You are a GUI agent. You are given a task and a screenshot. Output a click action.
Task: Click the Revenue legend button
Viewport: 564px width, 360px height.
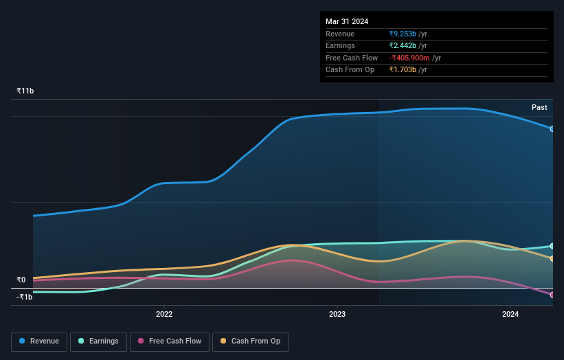point(39,341)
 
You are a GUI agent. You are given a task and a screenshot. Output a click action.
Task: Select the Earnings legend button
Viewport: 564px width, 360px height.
point(98,341)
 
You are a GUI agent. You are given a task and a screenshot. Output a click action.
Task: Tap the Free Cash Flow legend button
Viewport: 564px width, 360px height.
point(170,341)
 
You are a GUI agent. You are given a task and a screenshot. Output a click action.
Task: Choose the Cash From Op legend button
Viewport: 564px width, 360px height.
point(250,341)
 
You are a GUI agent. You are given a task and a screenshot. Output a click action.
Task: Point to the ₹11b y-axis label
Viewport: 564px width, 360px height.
point(25,91)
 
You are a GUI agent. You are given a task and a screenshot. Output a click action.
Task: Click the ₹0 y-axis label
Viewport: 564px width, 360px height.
point(21,280)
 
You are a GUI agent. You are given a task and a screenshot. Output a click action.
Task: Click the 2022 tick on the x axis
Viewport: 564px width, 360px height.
point(164,314)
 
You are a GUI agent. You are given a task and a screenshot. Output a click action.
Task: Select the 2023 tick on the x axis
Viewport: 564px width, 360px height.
point(337,314)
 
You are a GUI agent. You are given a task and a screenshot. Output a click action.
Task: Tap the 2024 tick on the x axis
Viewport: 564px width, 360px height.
point(510,314)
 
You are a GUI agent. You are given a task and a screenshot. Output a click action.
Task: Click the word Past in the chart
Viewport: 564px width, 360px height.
point(539,107)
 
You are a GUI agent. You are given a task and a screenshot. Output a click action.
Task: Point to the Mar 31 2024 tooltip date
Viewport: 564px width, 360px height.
point(347,21)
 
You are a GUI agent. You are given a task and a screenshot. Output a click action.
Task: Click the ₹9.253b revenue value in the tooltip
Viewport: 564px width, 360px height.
point(403,34)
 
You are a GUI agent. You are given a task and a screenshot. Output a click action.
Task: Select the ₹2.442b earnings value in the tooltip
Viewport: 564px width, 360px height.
point(403,46)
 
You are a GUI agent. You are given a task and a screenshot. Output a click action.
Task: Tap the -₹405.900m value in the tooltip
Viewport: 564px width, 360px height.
point(409,58)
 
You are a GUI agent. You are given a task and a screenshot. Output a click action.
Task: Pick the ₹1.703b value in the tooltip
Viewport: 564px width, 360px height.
point(403,69)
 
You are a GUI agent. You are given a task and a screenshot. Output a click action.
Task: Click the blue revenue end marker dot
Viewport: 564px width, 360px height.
point(552,128)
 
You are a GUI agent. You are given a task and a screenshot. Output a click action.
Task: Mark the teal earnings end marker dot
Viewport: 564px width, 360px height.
point(552,246)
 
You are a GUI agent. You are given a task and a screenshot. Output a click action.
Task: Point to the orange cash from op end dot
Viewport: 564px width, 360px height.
point(552,258)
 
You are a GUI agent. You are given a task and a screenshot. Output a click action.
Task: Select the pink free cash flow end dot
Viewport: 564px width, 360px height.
point(552,295)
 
